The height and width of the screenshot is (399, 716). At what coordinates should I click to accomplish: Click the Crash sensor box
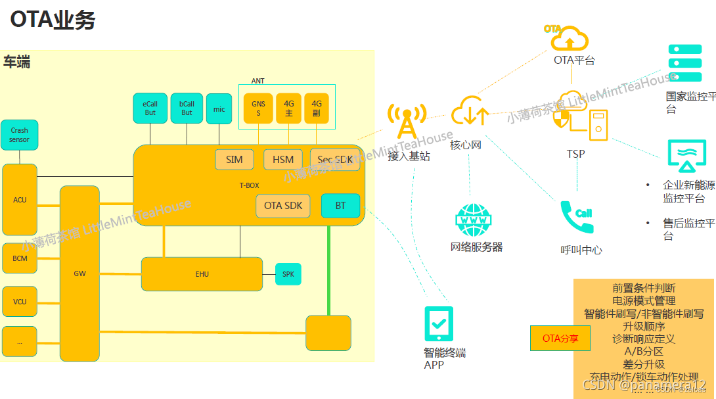19,135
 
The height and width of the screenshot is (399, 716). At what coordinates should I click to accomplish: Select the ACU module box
20,200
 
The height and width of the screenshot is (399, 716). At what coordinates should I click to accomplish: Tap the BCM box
20,258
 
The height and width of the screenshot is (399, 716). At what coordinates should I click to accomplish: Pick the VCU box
20,302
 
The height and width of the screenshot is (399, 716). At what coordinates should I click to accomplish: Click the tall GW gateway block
79,273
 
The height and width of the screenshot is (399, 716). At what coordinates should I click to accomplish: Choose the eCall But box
150,108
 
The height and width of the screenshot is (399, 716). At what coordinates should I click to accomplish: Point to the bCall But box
187,108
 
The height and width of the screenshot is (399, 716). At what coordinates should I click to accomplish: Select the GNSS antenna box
258,108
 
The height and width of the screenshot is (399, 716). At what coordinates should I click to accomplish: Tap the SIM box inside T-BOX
235,160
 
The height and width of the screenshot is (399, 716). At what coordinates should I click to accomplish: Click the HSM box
283,160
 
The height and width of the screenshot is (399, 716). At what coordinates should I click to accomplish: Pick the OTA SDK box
283,206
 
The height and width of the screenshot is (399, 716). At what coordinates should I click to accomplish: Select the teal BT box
340,206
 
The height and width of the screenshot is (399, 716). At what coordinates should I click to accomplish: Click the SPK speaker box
288,274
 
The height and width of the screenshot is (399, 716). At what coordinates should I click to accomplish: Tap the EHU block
202,274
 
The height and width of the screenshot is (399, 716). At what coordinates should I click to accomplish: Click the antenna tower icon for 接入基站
407,122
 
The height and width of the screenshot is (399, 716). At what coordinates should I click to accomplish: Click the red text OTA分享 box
560,339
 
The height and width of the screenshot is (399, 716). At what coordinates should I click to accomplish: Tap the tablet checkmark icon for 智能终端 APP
439,323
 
